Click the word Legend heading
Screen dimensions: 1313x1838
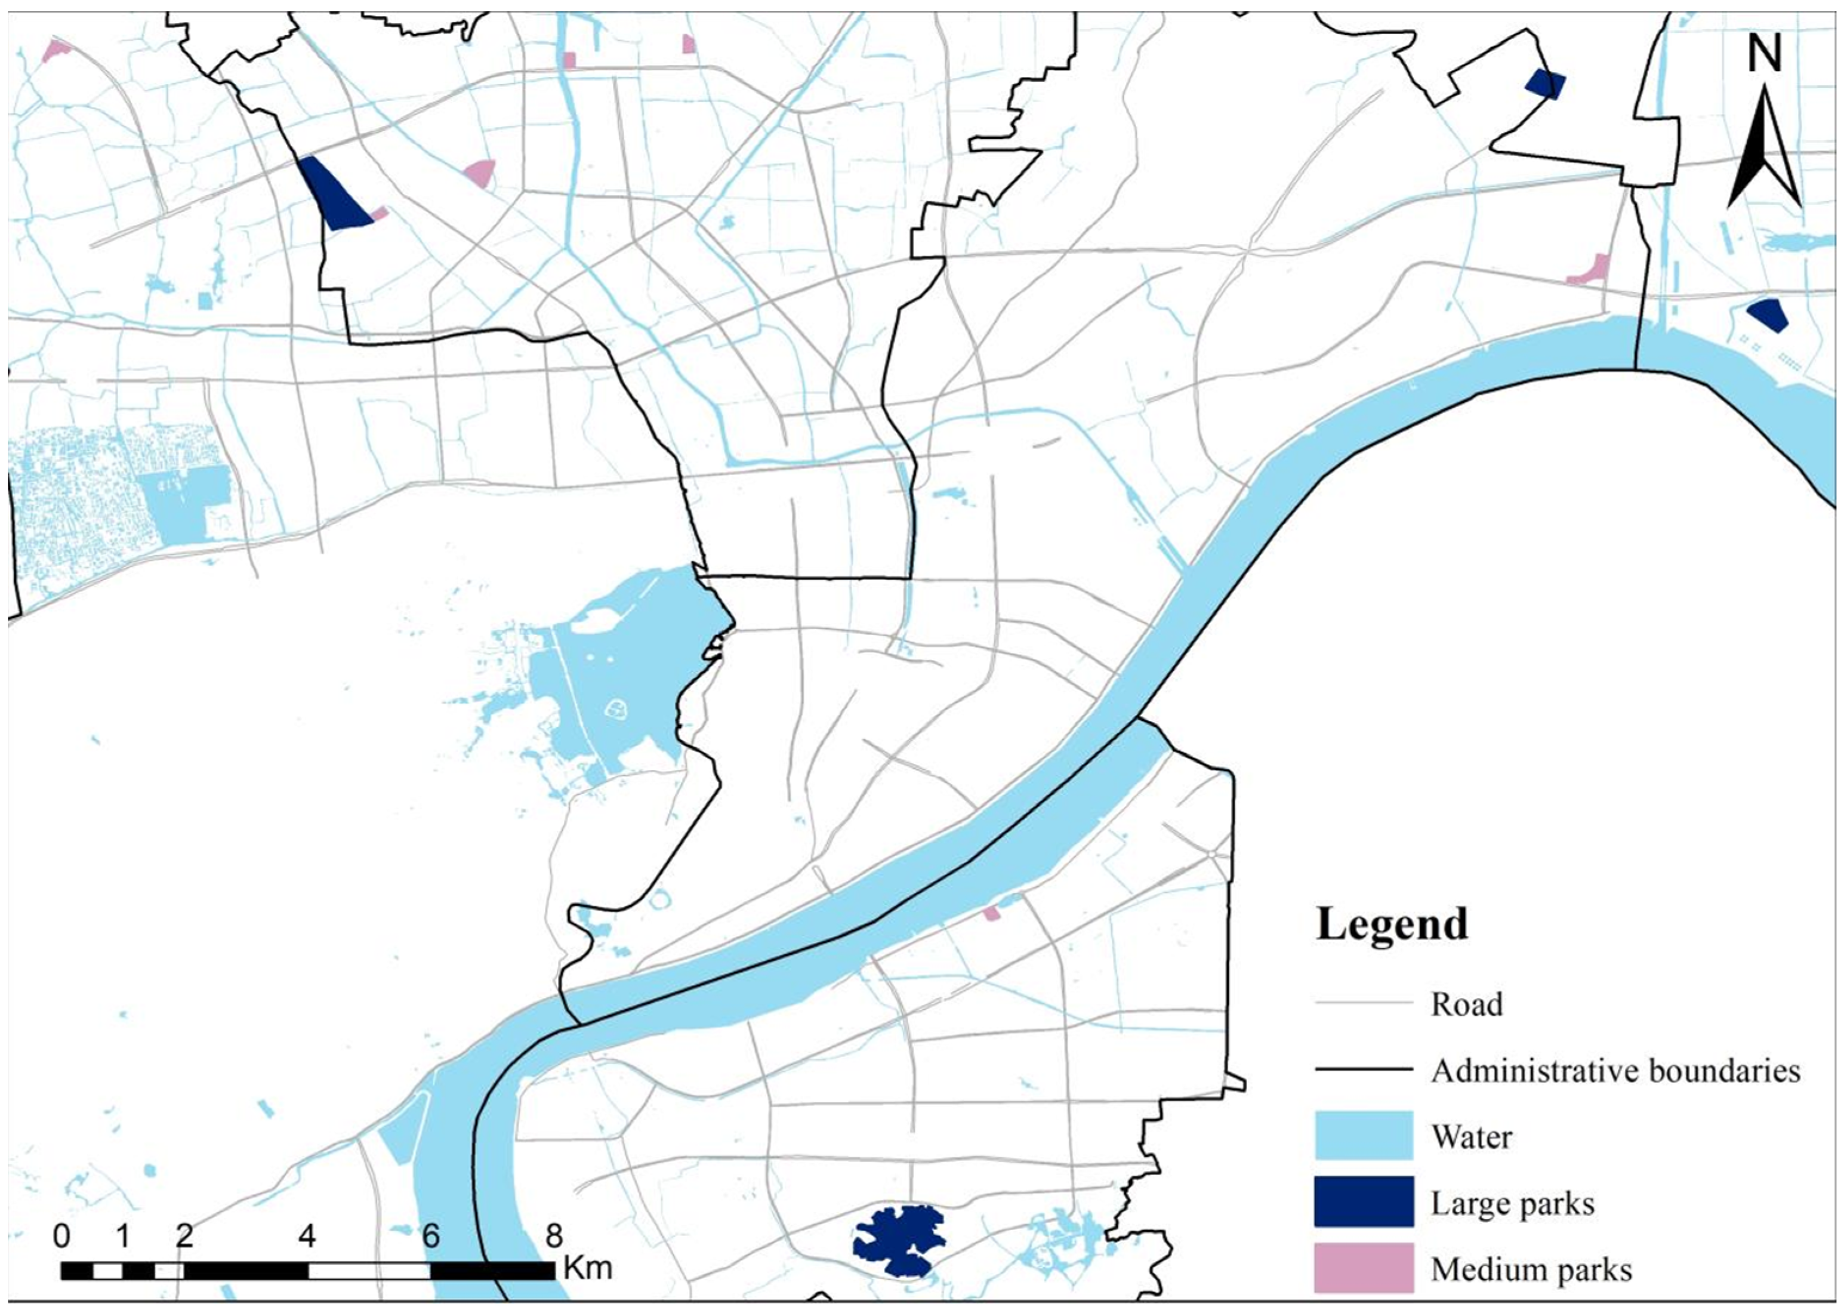click(1392, 924)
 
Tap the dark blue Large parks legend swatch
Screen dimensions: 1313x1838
click(1363, 1202)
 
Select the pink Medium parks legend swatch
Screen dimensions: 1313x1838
click(1363, 1268)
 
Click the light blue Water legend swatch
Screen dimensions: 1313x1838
click(1363, 1136)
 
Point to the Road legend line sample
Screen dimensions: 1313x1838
click(1363, 1003)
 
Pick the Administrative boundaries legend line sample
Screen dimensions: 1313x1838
click(1363, 1069)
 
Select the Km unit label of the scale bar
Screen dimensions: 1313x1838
click(588, 1267)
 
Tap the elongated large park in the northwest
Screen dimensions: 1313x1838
click(335, 194)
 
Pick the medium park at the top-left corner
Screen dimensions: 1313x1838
click(55, 50)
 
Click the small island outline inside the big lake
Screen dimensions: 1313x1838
click(616, 710)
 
